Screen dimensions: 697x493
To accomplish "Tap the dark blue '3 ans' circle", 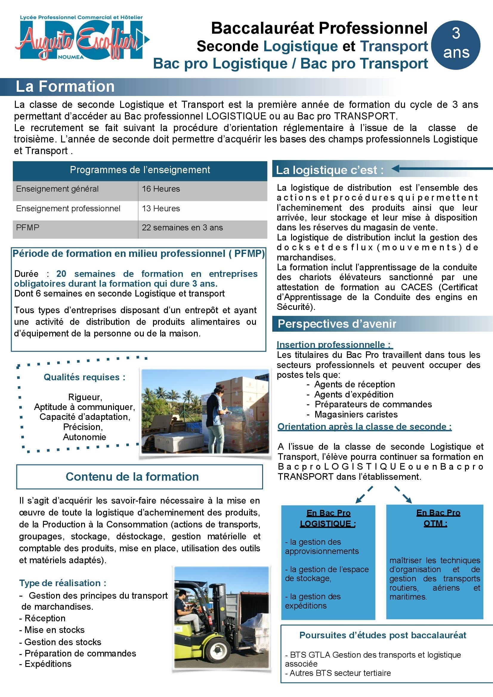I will [x=456, y=46].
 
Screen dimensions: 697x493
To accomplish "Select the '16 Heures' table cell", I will [x=161, y=189].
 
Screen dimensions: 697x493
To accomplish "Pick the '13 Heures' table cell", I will [x=161, y=209].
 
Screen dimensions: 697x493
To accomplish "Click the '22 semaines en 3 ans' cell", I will [x=182, y=228].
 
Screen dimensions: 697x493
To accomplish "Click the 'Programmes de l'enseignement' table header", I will [x=140, y=170].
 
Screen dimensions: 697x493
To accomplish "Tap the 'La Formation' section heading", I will [x=65, y=86].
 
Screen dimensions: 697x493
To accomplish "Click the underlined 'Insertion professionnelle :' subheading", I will [x=334, y=344].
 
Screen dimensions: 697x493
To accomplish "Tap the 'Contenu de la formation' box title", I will [x=132, y=476].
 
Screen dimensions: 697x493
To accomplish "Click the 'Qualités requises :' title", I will [x=84, y=377].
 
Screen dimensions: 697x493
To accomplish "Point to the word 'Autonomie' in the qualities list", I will [x=84, y=437].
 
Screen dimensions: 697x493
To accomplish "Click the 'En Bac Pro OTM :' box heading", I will [x=438, y=518].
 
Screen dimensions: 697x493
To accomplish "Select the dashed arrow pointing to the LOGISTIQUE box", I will [x=364, y=495].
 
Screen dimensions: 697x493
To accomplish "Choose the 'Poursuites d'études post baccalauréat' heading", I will [x=383, y=635].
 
